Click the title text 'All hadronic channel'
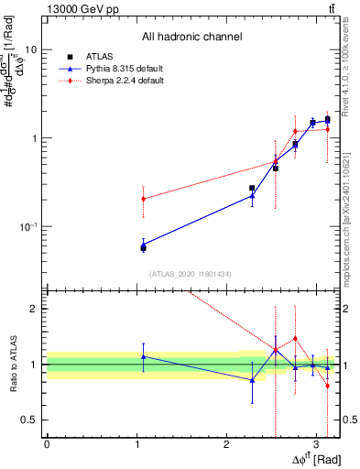click(x=191, y=38)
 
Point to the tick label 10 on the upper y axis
click(x=29, y=49)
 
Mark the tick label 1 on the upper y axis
click(x=33, y=138)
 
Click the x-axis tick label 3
click(x=316, y=444)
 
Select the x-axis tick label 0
click(x=47, y=444)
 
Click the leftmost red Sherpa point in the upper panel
click(x=143, y=199)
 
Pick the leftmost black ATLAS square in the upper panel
click(x=143, y=247)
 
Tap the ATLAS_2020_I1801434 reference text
click(x=191, y=274)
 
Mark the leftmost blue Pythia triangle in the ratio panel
click(x=143, y=356)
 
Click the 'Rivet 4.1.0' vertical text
click(x=352, y=73)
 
